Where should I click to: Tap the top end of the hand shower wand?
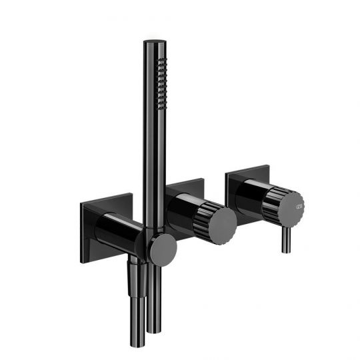pyautogui.click(x=149, y=44)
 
